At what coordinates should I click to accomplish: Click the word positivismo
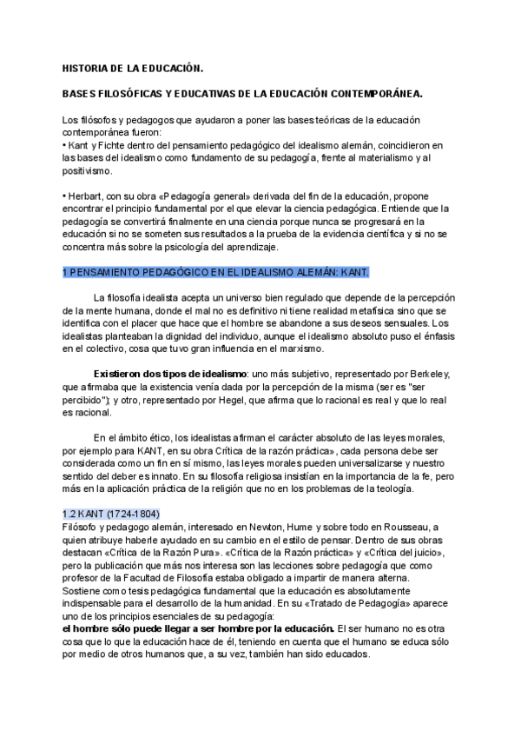(88, 172)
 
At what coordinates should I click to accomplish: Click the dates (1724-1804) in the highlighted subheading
(129, 514)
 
